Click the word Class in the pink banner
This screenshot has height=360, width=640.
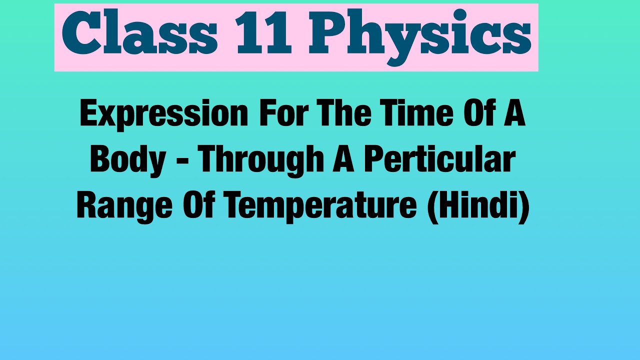(x=139, y=36)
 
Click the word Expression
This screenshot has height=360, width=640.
(x=163, y=114)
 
